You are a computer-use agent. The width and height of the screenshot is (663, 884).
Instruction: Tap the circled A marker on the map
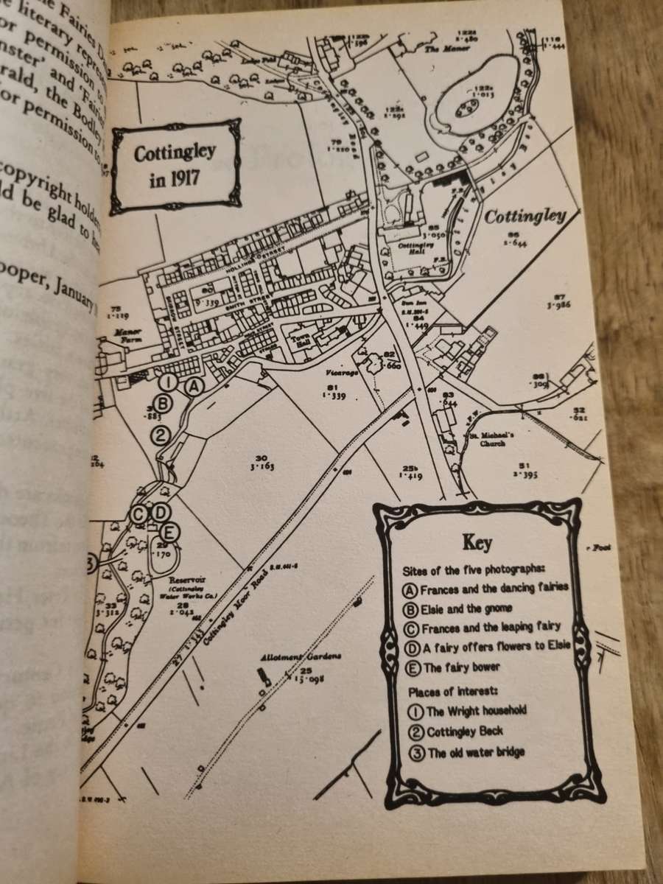point(192,385)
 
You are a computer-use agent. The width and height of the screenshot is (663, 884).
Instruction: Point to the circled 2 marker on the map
point(161,435)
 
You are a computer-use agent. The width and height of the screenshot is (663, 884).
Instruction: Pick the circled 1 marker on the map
point(168,382)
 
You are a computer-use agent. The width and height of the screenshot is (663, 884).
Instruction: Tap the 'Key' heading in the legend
point(477,544)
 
